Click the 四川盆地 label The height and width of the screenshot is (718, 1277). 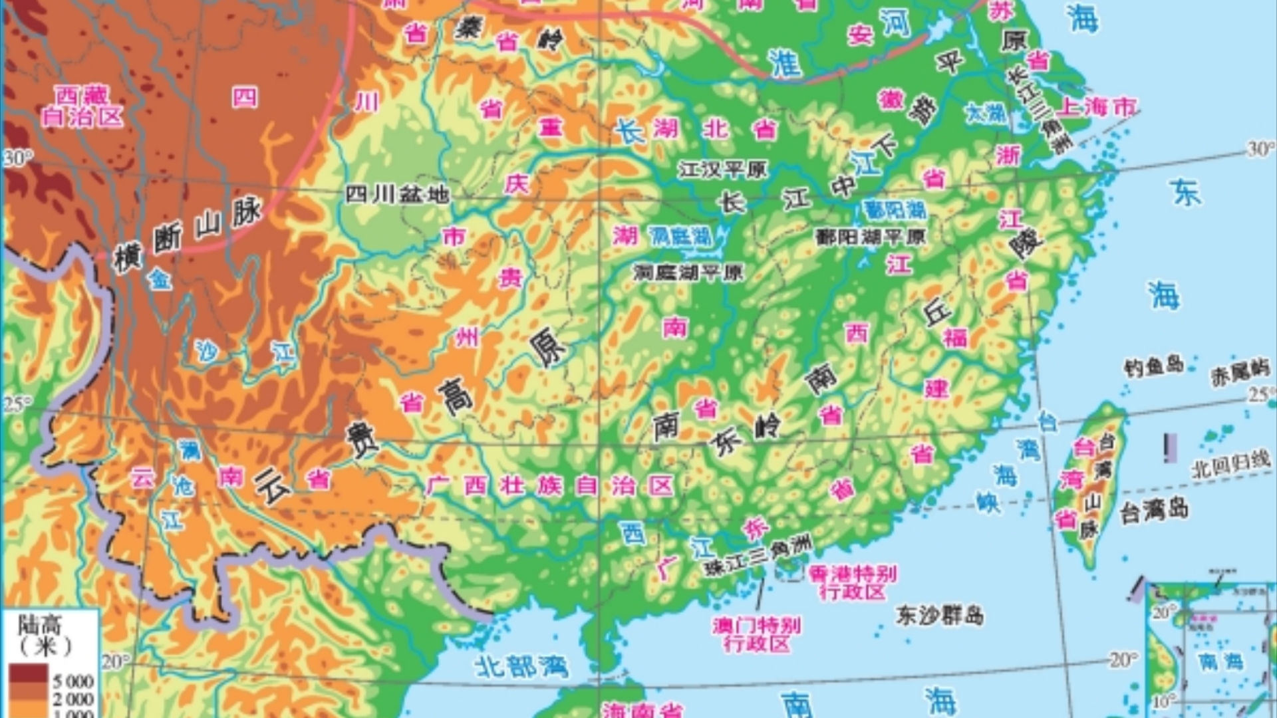[397, 194]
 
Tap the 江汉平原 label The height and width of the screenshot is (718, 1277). [722, 170]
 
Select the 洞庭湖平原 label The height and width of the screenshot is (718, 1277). [688, 272]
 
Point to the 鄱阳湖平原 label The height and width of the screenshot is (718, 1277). [871, 237]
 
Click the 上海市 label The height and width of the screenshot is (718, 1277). [1097, 106]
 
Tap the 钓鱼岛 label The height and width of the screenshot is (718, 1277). [1154, 366]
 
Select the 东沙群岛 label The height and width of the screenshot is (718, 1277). [939, 615]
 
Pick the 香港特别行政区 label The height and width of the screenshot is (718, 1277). [853, 582]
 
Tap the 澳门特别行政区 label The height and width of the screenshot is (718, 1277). [757, 634]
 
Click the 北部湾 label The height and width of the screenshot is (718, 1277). [521, 665]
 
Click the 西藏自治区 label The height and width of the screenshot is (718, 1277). [82, 106]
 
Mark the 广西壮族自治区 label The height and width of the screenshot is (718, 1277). [549, 485]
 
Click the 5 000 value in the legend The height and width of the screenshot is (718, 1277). [73, 681]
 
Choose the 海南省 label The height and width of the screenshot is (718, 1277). [642, 710]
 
